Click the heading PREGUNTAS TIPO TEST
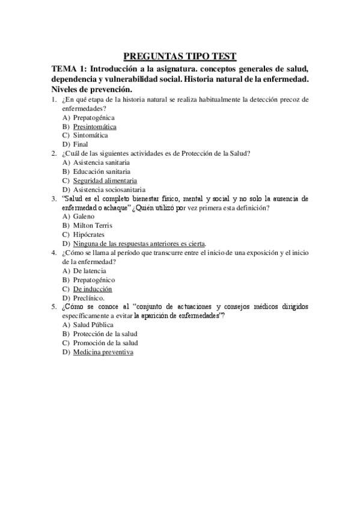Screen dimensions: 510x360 180,57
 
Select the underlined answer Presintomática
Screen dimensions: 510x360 94,127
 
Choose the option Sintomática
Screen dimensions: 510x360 90,135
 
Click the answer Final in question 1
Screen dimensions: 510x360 81,144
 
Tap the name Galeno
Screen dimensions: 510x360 84,216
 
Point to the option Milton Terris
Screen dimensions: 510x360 93,225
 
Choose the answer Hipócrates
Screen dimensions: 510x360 89,234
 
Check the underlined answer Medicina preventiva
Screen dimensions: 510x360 103,352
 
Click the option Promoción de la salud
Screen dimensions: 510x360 105,343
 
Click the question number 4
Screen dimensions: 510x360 53,253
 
